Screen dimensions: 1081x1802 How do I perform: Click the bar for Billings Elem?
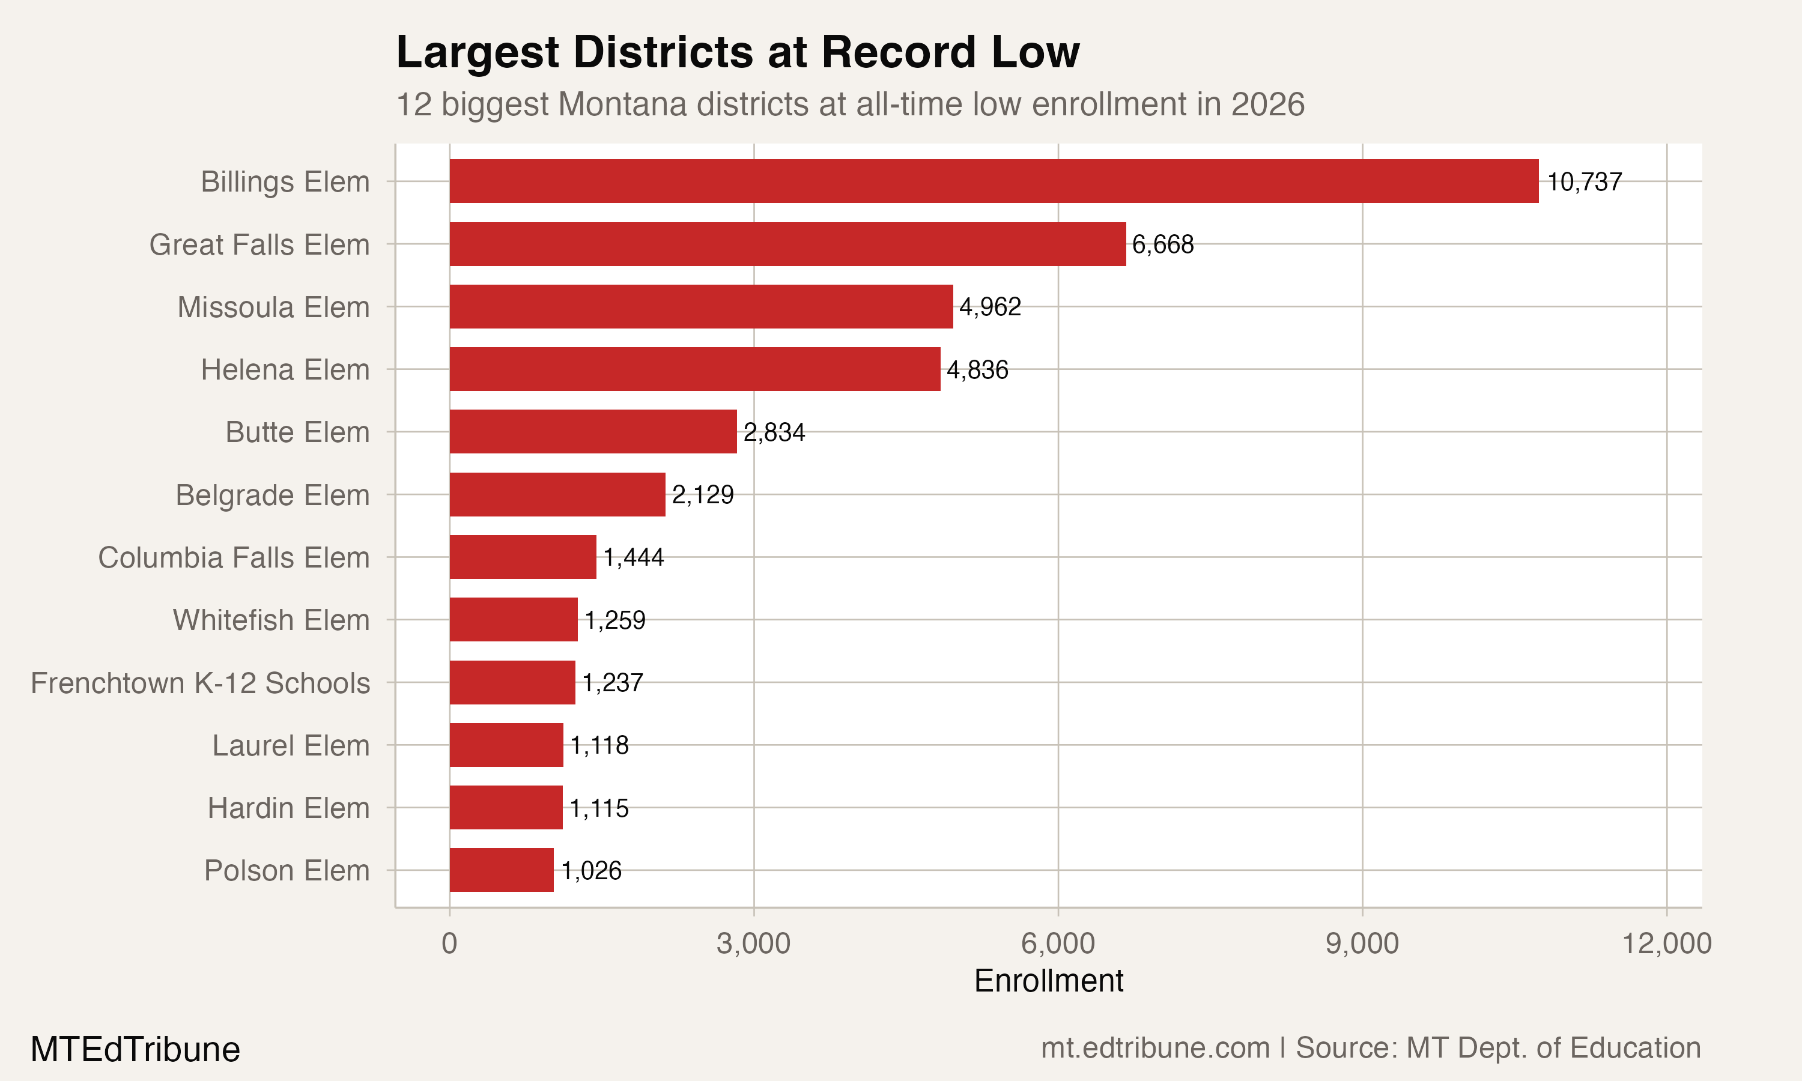tap(994, 181)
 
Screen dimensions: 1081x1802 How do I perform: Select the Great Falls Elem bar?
tap(787, 244)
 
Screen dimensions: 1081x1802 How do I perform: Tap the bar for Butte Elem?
tap(593, 431)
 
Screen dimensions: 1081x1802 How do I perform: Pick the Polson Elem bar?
tap(501, 870)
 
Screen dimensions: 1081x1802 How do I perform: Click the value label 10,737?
tap(1584, 181)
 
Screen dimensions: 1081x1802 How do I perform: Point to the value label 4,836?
tap(977, 369)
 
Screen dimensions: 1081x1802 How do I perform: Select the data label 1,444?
tap(634, 557)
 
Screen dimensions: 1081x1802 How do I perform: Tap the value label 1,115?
tap(599, 808)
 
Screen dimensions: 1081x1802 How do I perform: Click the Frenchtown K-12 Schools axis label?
tap(200, 683)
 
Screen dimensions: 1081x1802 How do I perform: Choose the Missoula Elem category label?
tap(273, 307)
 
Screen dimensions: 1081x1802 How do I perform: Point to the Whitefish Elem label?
tap(271, 620)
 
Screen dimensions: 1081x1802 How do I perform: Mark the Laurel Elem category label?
tap(291, 745)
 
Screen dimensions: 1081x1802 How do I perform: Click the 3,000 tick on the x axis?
tap(753, 943)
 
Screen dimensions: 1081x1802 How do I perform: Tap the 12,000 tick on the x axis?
tap(1666, 943)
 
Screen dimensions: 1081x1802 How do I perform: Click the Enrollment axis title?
tap(1048, 981)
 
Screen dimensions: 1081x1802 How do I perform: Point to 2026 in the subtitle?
tap(1267, 104)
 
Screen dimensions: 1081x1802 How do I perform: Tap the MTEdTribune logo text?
tap(136, 1049)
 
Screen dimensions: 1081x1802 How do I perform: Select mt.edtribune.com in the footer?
tap(1155, 1047)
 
